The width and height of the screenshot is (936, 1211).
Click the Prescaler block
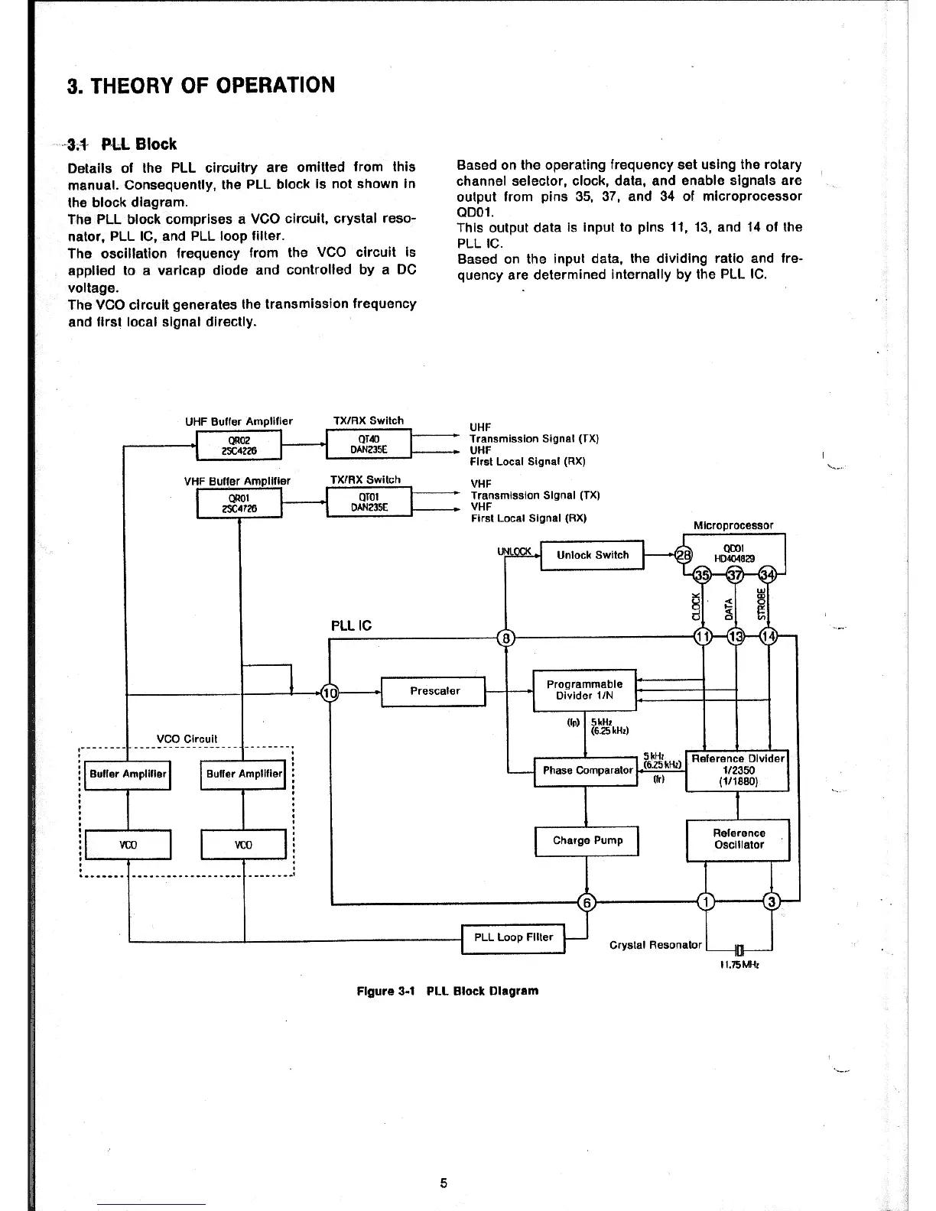click(434, 691)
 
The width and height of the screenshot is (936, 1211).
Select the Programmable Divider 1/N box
click(585, 690)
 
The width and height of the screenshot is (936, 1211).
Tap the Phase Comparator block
click(586, 770)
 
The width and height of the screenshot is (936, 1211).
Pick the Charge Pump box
click(587, 840)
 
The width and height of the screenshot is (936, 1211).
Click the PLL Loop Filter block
click(513, 938)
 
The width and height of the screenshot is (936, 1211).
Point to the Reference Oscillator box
click(738, 839)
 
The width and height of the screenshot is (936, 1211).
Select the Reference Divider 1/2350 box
click(737, 770)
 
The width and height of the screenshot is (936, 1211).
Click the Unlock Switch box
click(593, 555)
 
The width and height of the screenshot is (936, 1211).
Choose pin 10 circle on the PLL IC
click(329, 693)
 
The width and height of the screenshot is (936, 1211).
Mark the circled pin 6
click(587, 902)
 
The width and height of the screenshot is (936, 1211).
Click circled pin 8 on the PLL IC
click(505, 638)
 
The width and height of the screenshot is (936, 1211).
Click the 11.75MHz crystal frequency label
click(739, 965)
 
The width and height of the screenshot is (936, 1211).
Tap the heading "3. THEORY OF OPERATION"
click(201, 84)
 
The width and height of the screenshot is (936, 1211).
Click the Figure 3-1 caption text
click(447, 991)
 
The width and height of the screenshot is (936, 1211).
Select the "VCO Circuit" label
click(187, 739)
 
